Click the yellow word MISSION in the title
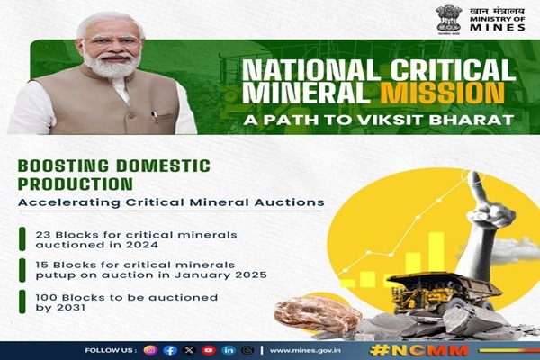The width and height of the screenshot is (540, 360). coord(442,93)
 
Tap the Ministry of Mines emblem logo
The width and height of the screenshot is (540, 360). coord(448,19)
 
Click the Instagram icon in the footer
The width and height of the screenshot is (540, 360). coord(151,350)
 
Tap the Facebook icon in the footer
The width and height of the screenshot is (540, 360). coord(170,350)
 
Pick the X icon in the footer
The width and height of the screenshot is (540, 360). coord(189,350)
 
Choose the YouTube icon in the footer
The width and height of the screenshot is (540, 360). coord(209,350)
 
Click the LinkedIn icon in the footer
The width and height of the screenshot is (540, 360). coord(229,350)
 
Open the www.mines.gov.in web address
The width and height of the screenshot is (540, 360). coord(305,350)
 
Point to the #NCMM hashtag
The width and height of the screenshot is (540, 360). coord(419,350)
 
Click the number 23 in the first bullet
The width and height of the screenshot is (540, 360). coord(43,235)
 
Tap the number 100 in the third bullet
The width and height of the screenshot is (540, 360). coord(47,297)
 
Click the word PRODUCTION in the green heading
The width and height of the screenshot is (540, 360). coord(75,184)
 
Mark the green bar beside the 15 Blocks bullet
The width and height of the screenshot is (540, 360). coord(22,270)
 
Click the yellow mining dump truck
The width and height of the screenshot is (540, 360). coord(445,292)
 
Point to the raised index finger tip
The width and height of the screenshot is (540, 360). coord(475,175)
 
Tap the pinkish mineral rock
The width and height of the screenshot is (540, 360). coord(318,313)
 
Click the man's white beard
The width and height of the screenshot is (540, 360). coord(112,64)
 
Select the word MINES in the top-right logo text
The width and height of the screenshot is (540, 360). coord(498,27)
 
